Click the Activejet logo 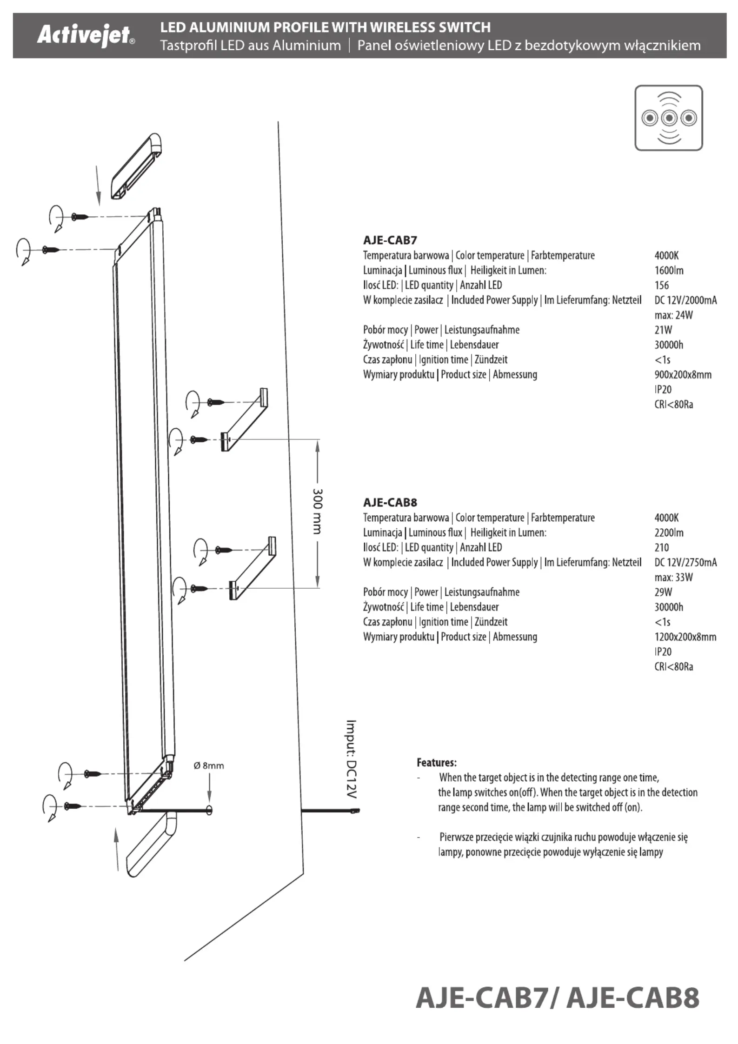coord(86,35)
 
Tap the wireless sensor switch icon coord(668,118)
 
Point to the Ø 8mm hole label coord(209,765)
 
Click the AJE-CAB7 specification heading coord(390,240)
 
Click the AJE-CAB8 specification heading coord(390,503)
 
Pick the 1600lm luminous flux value coord(669,270)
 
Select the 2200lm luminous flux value coord(669,532)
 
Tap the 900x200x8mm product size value coord(683,374)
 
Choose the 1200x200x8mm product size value coord(685,637)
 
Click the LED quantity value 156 coord(661,285)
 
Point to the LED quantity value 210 coord(661,547)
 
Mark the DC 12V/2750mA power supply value coord(685,562)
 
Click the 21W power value coord(663,330)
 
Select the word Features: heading coord(436,763)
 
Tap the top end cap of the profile coord(137,166)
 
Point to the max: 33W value coord(673,577)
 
